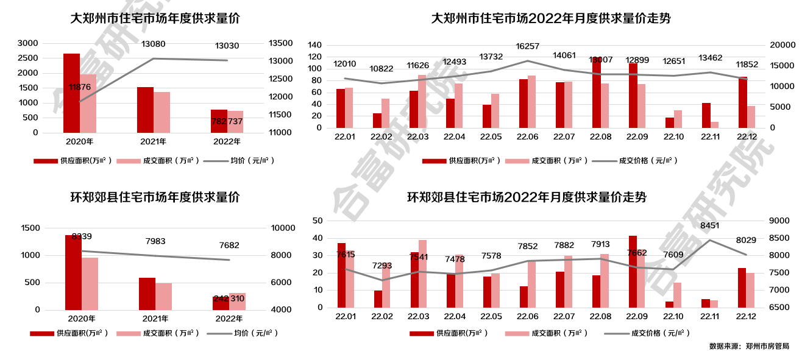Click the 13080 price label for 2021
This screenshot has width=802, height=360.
click(153, 44)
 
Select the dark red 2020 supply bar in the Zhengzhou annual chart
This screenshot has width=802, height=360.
click(71, 93)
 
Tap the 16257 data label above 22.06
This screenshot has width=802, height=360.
click(527, 46)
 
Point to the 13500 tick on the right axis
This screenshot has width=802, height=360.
click(281, 43)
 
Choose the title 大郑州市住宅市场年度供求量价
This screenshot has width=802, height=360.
click(155, 18)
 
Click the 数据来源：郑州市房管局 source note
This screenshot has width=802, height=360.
click(749, 346)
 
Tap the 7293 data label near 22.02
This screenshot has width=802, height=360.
click(383, 266)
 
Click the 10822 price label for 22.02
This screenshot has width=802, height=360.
click(381, 69)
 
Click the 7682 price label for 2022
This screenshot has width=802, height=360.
click(229, 245)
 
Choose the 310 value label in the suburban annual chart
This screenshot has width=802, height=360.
click(237, 298)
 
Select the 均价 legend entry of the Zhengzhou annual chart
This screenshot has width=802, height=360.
click(242, 161)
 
